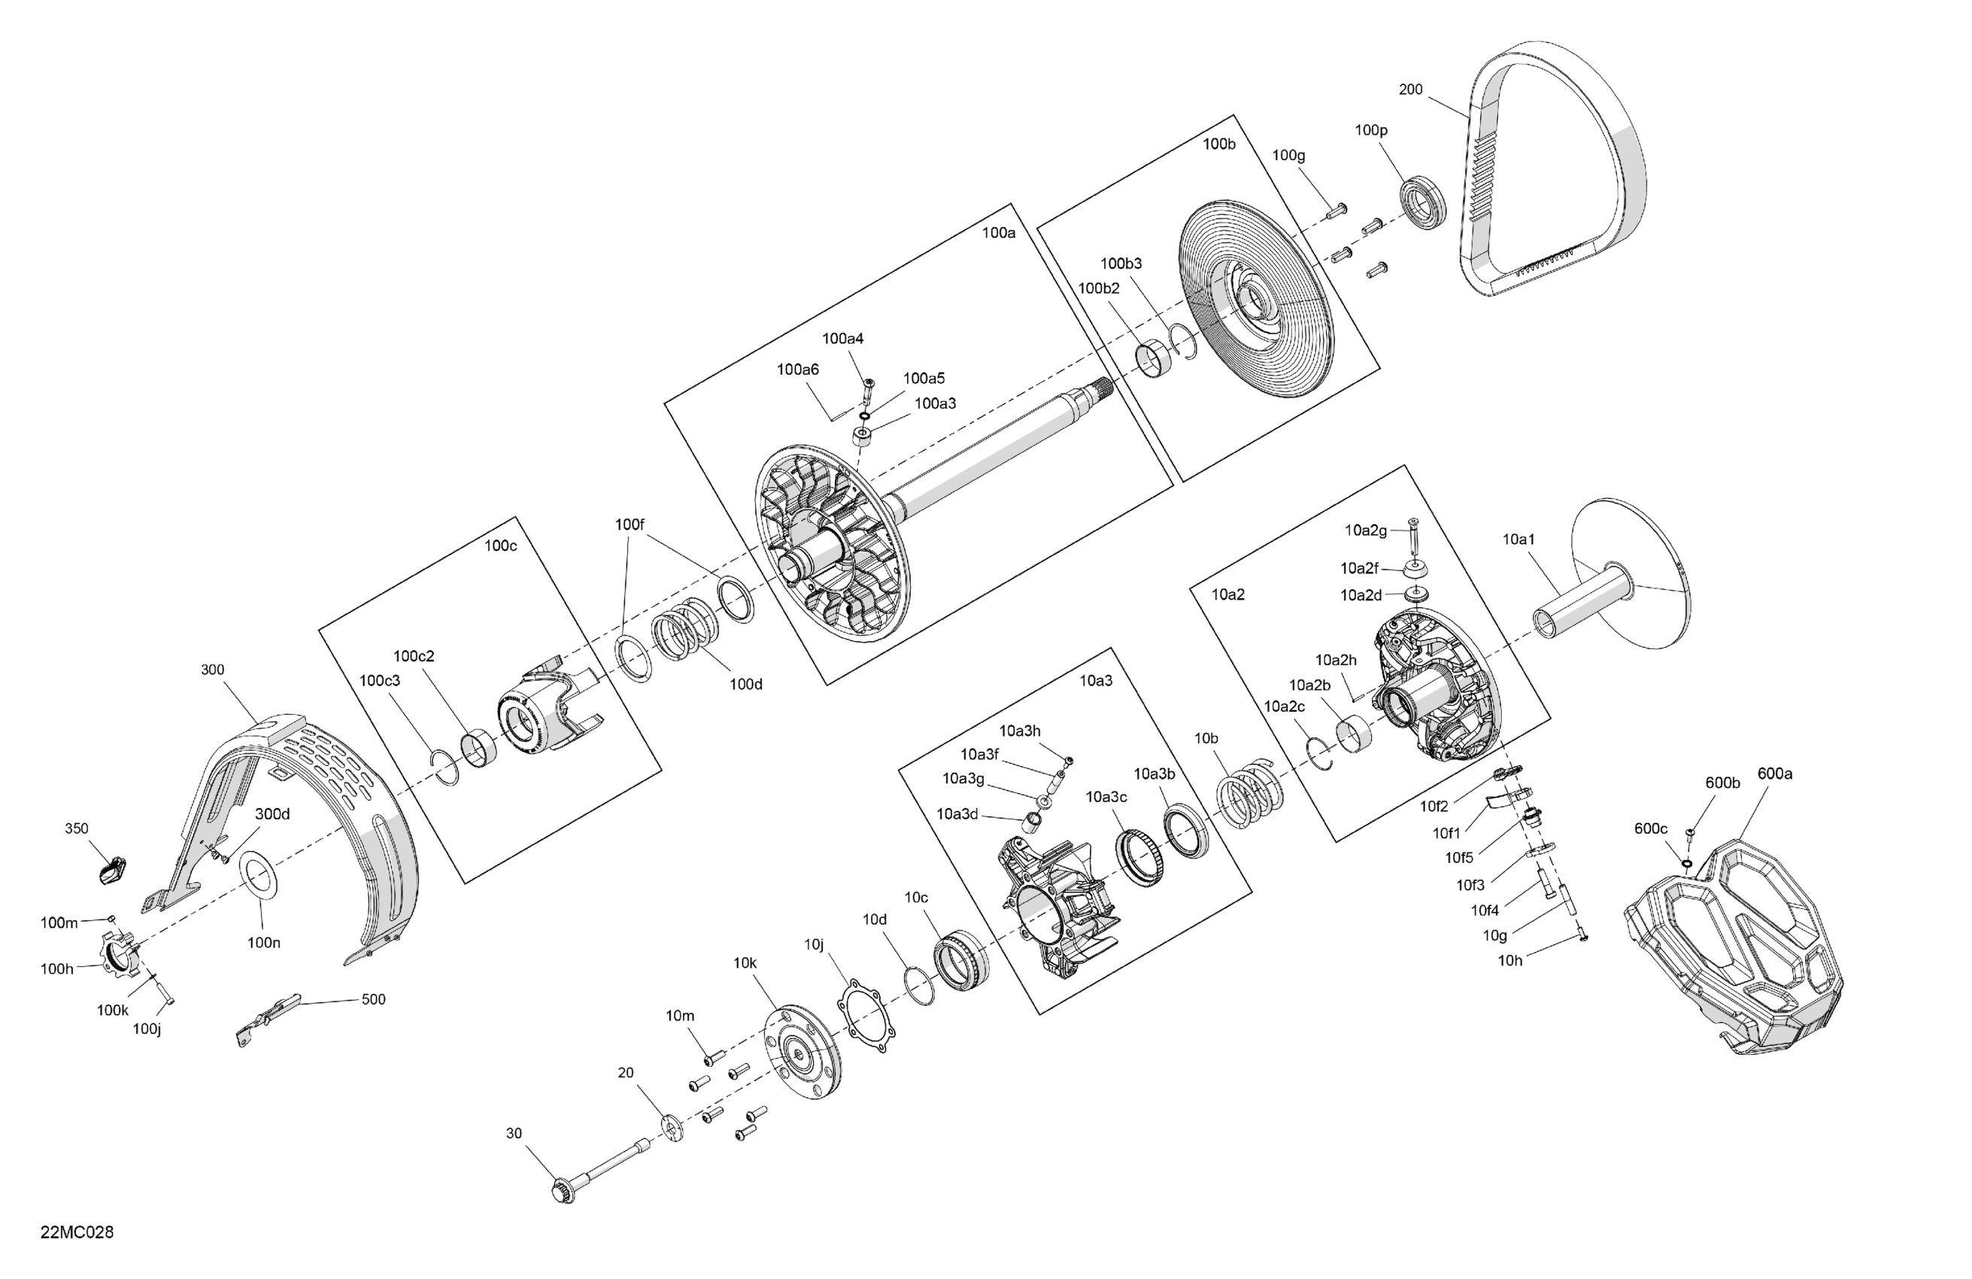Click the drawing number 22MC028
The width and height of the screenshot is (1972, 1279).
click(77, 1232)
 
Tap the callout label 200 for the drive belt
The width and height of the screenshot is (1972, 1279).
click(1410, 89)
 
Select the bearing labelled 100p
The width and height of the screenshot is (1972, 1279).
click(1424, 202)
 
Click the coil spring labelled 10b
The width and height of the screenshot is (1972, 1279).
click(1249, 793)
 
